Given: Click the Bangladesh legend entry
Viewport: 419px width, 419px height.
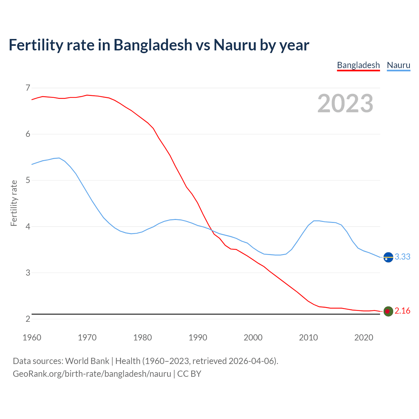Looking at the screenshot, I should pos(358,65).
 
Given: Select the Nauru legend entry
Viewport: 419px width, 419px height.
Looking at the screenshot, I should pos(398,65).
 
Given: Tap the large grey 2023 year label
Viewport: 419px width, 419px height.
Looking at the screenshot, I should pos(345,103).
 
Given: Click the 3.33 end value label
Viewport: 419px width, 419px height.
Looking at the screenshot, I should pos(402,257).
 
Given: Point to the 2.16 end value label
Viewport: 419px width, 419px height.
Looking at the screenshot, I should pos(402,311).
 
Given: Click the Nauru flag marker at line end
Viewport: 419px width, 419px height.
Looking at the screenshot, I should pos(388,258).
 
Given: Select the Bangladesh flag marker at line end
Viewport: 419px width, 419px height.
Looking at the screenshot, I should pos(388,311).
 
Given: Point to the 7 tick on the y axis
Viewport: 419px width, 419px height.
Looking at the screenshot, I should pos(28,88).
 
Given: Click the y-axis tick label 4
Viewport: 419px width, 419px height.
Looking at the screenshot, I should pos(28,227).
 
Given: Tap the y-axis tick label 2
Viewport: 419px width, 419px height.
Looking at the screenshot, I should pos(28,319).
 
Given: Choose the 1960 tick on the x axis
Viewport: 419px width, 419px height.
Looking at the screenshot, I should pos(32,337).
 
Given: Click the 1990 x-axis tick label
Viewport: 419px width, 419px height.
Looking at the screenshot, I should pos(198,337).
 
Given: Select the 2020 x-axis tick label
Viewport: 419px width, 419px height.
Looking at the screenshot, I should pos(364,337).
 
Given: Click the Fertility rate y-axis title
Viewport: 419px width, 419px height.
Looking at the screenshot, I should pos(14,203).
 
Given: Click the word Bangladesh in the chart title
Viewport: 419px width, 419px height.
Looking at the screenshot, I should pos(153,45).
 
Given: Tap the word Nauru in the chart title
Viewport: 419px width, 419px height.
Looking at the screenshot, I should pos(235,45).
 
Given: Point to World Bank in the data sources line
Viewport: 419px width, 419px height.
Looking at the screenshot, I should pos(87,361).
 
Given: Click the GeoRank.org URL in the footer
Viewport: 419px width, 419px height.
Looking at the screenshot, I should pos(92,374).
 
